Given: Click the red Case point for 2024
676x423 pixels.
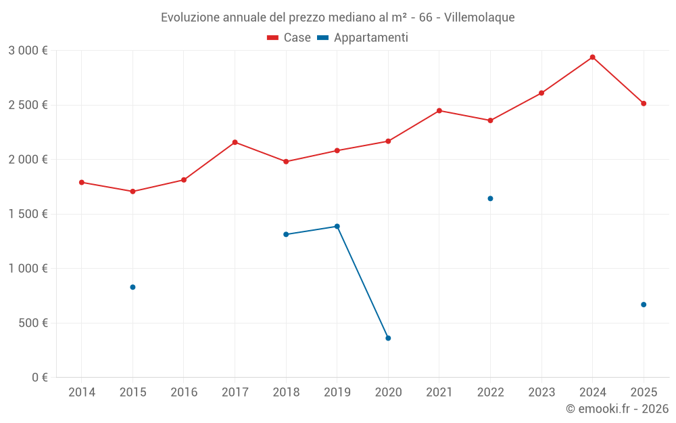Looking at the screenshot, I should click(x=592, y=57).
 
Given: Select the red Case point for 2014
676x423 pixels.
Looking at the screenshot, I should click(x=82, y=182).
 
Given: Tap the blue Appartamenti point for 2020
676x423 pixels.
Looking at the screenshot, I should click(x=388, y=338).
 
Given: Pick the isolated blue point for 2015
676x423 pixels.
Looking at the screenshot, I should click(x=132, y=287).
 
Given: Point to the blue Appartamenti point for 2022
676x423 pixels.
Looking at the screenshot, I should click(x=490, y=198).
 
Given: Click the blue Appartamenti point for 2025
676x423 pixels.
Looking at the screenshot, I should click(x=644, y=305).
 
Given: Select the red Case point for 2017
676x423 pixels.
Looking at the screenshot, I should click(x=235, y=142).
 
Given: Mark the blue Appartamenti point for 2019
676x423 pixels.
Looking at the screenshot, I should click(x=337, y=226).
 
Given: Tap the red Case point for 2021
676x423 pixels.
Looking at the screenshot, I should click(x=439, y=110).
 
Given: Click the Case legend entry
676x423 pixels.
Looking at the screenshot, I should click(x=289, y=38).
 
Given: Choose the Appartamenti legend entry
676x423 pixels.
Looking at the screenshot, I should click(x=363, y=38).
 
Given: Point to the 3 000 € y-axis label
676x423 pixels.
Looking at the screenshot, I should click(x=28, y=51).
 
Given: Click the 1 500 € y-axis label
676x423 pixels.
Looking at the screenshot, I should click(x=28, y=214).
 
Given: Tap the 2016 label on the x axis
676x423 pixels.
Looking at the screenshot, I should click(x=184, y=393).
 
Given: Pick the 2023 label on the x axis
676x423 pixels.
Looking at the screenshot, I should click(x=541, y=393).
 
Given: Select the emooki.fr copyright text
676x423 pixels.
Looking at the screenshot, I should click(x=617, y=409).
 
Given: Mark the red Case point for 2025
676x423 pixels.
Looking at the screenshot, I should click(x=644, y=104).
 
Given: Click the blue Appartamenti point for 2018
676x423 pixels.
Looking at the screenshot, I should click(x=286, y=234).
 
